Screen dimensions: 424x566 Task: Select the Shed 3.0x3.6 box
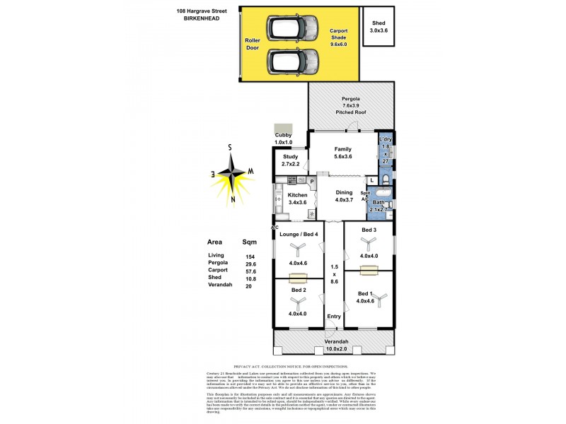pos(379,27)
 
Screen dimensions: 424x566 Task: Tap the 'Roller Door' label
pos(253,45)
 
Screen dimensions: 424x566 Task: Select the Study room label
pos(291,156)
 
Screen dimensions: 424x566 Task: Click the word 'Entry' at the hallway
pos(333,316)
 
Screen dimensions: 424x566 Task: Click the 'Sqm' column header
pos(249,240)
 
